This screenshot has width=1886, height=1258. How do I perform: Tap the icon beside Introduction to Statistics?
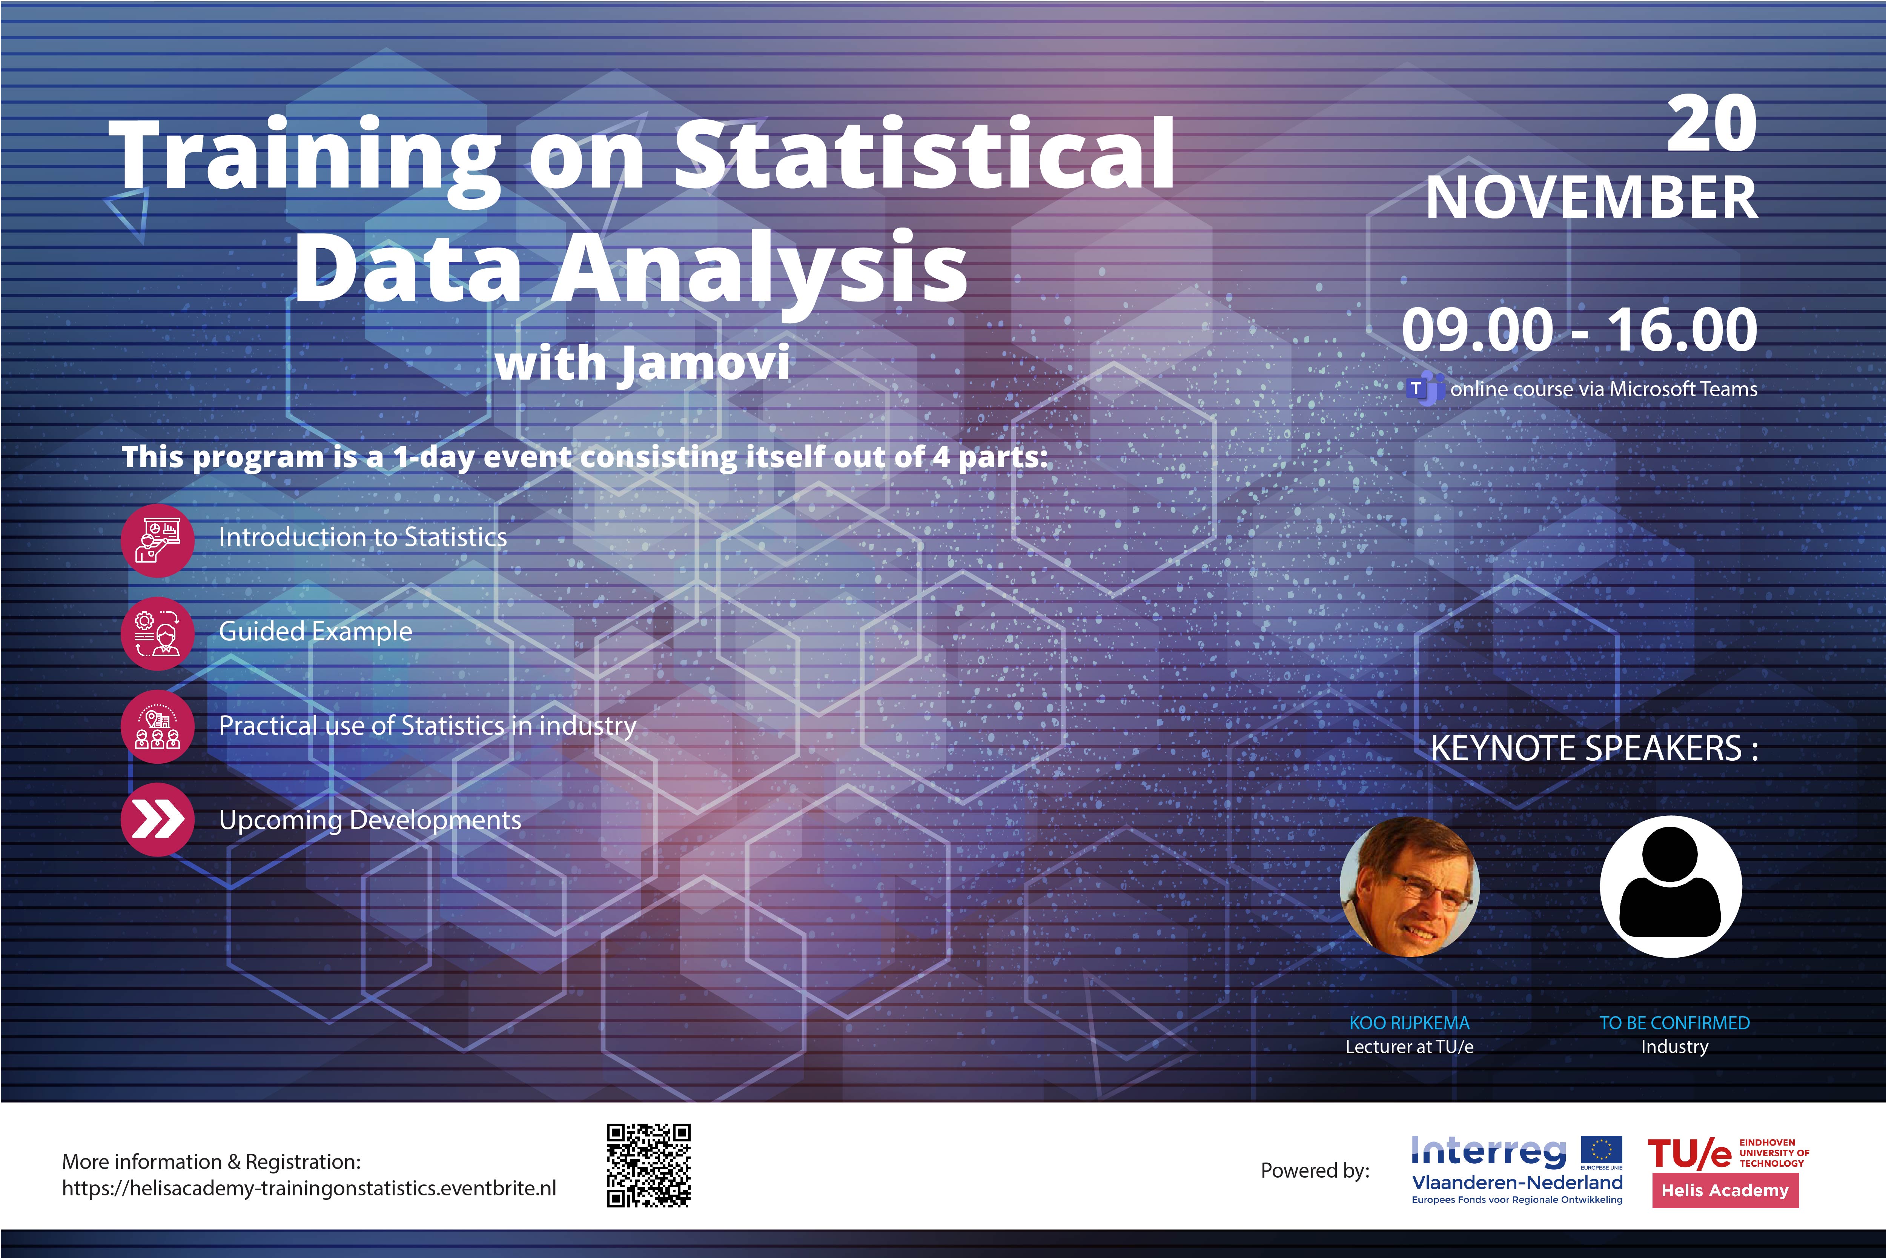[x=157, y=541]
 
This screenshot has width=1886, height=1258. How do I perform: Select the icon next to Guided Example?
[x=157, y=634]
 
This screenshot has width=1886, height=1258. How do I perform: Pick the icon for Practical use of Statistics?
[x=157, y=727]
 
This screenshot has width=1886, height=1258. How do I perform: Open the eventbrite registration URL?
[x=309, y=1188]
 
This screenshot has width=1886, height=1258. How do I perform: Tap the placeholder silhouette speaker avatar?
[x=1671, y=887]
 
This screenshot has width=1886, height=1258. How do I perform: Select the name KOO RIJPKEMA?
[x=1410, y=1023]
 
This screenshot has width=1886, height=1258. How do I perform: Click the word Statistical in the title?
[x=925, y=154]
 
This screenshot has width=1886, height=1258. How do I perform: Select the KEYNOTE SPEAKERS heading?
[x=1594, y=749]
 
